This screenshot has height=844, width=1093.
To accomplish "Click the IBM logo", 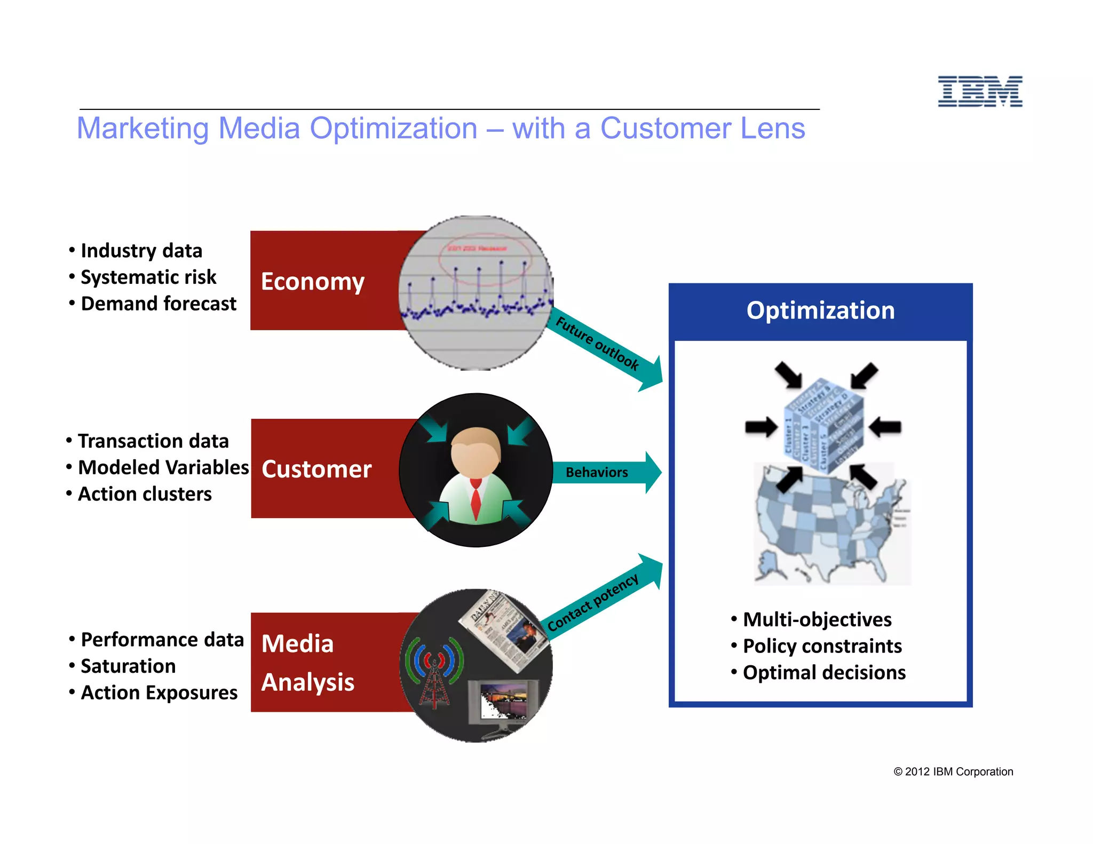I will [980, 91].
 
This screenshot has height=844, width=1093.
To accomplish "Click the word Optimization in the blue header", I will [820, 310].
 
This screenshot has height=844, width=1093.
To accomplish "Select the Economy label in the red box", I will [313, 281].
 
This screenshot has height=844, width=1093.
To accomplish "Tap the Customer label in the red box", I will [316, 469].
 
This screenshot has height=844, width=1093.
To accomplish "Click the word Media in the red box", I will [297, 643].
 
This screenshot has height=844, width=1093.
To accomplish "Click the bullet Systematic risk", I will [148, 277].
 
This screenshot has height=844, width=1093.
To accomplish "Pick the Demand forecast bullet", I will [158, 304].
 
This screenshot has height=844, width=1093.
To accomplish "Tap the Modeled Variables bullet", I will [163, 467].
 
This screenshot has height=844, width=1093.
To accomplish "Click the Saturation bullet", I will [128, 666].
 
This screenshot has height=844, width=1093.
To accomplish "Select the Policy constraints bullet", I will [822, 646].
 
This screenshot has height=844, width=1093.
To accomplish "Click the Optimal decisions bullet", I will [824, 673].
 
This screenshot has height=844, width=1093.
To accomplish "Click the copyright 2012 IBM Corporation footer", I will [953, 771].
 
